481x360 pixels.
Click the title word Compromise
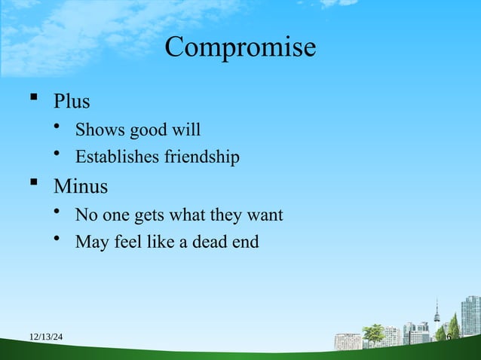[240, 47]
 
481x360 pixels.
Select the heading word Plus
[72, 100]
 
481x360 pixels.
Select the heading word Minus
[81, 185]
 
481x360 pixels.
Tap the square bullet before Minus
[32, 184]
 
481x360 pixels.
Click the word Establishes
[115, 157]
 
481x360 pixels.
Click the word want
[265, 216]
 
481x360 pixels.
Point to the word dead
[213, 243]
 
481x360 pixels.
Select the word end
[247, 243]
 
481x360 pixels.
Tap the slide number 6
[448, 337]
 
